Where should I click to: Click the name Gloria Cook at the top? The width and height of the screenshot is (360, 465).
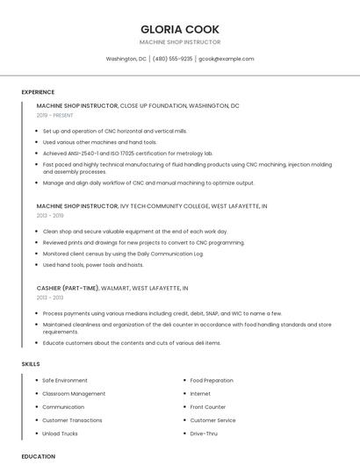click(180, 29)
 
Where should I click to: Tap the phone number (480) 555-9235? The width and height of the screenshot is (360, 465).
click(172, 59)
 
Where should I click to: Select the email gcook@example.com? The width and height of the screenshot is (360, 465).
click(226, 59)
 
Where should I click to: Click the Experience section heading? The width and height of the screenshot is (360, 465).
click(38, 92)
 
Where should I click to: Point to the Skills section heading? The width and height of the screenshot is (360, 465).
click(31, 363)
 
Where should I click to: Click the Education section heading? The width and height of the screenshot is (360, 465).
click(38, 456)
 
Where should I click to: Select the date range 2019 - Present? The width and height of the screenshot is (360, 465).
click(54, 115)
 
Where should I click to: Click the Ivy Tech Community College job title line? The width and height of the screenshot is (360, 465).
click(152, 205)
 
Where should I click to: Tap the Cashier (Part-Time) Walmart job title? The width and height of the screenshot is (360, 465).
click(112, 288)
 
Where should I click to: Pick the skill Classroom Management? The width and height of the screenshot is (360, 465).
click(74, 394)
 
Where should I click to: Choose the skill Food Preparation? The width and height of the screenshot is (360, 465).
click(212, 381)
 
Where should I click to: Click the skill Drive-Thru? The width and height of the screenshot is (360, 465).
click(204, 433)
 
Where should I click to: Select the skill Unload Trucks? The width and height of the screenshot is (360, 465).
click(60, 433)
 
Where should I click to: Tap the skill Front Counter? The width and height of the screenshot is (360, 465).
click(207, 407)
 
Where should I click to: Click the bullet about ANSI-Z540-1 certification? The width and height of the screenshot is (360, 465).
click(128, 153)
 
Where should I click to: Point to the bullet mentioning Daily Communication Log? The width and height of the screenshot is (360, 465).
click(122, 254)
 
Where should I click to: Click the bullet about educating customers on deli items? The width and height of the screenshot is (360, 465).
click(132, 343)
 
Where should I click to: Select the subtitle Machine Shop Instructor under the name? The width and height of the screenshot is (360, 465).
click(180, 42)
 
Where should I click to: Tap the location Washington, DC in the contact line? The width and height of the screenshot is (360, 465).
click(126, 59)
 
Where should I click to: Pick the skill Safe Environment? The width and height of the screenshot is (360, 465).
click(65, 381)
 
